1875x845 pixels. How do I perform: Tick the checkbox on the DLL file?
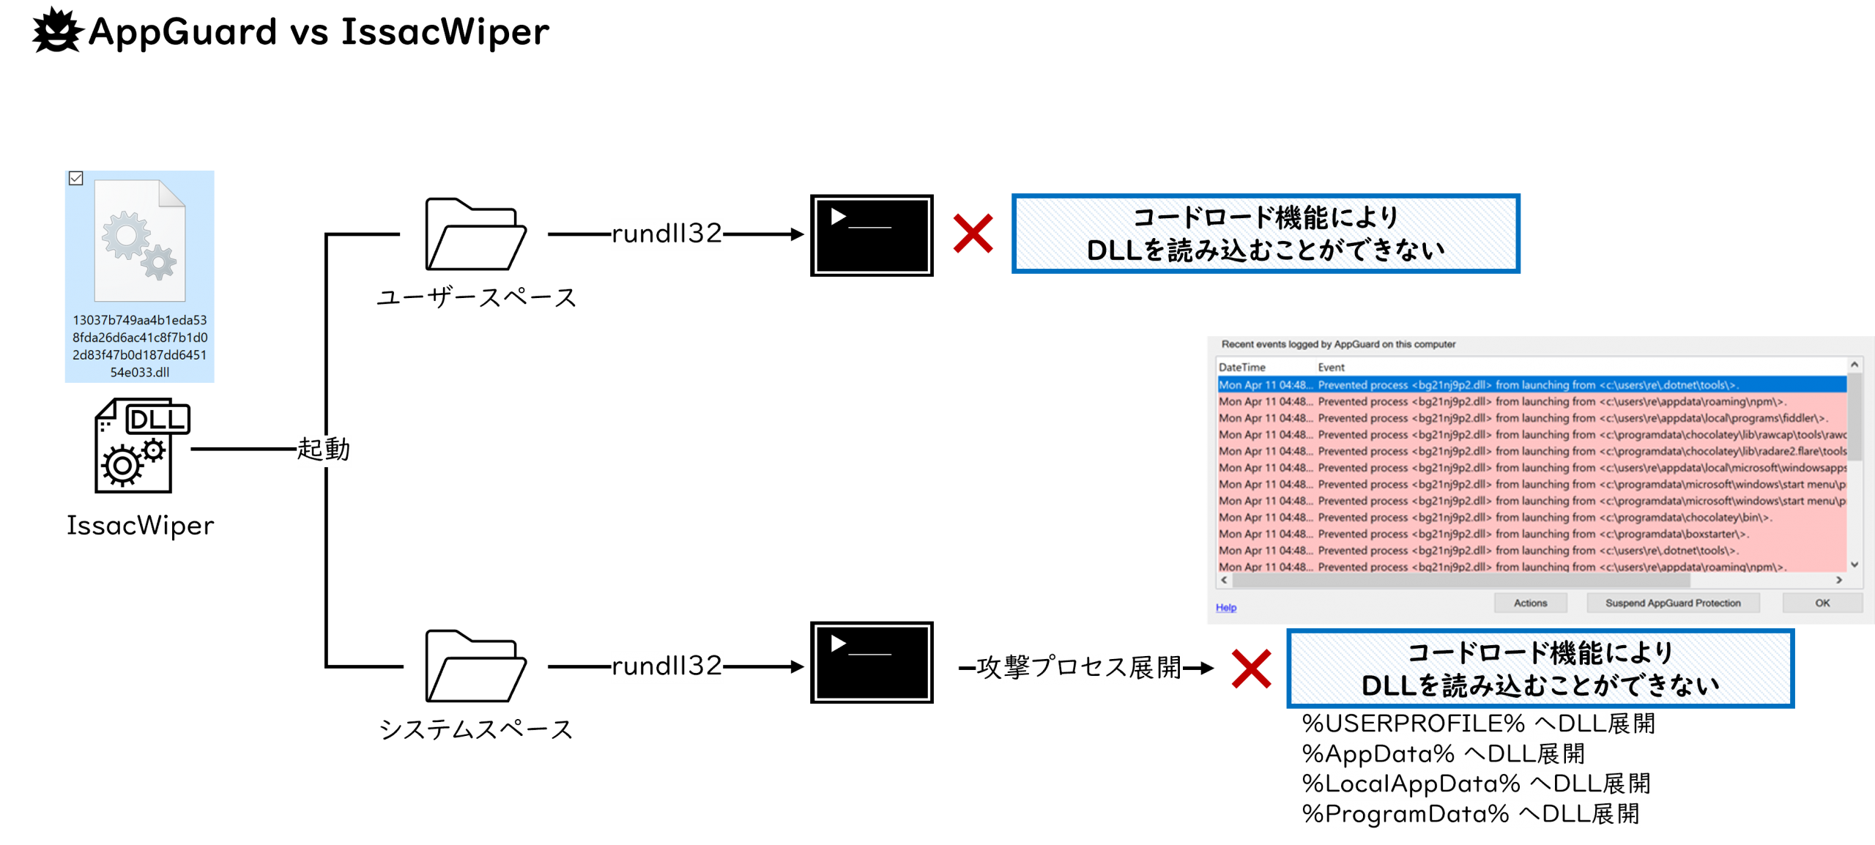tap(76, 179)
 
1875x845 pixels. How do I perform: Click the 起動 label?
tap(324, 450)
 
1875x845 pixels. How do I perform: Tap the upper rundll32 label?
tap(667, 234)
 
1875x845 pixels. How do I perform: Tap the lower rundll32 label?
tap(667, 666)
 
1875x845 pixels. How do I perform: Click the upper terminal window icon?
tap(872, 236)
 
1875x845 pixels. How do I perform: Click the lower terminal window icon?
tap(872, 663)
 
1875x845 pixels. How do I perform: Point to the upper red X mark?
tap(973, 234)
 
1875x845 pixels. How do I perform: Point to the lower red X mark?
tap(1251, 669)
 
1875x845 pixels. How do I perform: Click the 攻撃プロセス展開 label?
tap(1078, 668)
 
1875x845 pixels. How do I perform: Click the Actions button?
tap(1530, 603)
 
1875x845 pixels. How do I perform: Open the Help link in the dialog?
tap(1225, 608)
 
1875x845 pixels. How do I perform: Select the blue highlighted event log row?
tap(1531, 385)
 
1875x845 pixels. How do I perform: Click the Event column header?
tap(1331, 368)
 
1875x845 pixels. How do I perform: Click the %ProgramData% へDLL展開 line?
tap(1470, 814)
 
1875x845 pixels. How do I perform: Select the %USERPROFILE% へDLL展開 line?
tap(1478, 724)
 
